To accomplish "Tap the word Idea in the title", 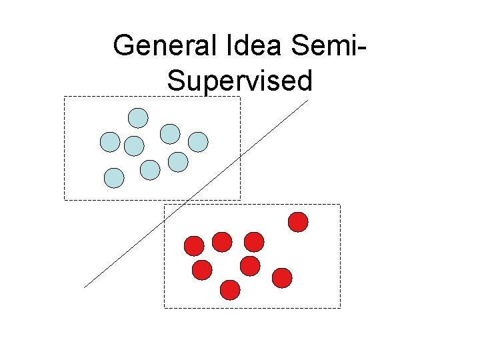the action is tap(250, 45).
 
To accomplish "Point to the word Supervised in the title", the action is tap(239, 81).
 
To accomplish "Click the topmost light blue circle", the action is tap(138, 118).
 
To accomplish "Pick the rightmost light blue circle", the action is tap(198, 141).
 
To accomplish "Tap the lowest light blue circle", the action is tap(114, 177).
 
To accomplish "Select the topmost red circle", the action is tap(298, 221).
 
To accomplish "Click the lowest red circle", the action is tap(230, 290).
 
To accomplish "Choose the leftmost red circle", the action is tap(193, 246).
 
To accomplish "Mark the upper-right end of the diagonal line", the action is tap(308, 100).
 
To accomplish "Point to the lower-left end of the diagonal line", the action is tap(84, 287).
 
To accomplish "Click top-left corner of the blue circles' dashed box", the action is tap(64, 97).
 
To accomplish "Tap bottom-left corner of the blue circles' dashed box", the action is tap(64, 199).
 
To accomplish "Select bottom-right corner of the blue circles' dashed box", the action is tap(240, 199).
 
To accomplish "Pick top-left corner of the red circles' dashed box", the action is tap(165, 205).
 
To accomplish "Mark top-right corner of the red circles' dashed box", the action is tap(340, 205).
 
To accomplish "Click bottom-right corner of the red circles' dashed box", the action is tap(340, 308).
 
